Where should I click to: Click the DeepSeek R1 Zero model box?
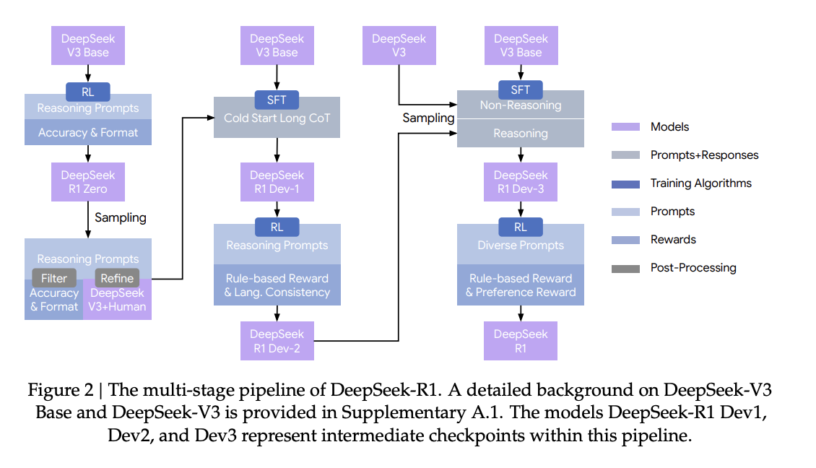tap(87, 182)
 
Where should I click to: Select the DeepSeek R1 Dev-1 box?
tap(277, 182)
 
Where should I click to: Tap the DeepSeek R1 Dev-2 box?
tap(277, 341)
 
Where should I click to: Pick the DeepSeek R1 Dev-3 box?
tap(521, 182)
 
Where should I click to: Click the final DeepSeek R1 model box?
tap(521, 341)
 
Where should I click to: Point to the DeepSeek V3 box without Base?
tap(399, 45)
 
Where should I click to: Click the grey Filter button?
tap(54, 278)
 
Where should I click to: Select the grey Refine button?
tap(117, 278)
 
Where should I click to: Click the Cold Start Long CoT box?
tap(277, 118)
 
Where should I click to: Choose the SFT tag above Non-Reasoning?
tap(521, 90)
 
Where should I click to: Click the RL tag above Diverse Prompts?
tap(521, 226)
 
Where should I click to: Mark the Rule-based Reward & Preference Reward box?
tap(521, 285)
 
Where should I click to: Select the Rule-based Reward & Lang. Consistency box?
tap(277, 285)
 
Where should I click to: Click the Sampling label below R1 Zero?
tap(121, 217)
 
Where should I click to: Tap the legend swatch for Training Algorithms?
tap(625, 183)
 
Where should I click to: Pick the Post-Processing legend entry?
tap(693, 268)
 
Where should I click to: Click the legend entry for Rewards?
tap(672, 240)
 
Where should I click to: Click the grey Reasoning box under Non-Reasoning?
tap(521, 134)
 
